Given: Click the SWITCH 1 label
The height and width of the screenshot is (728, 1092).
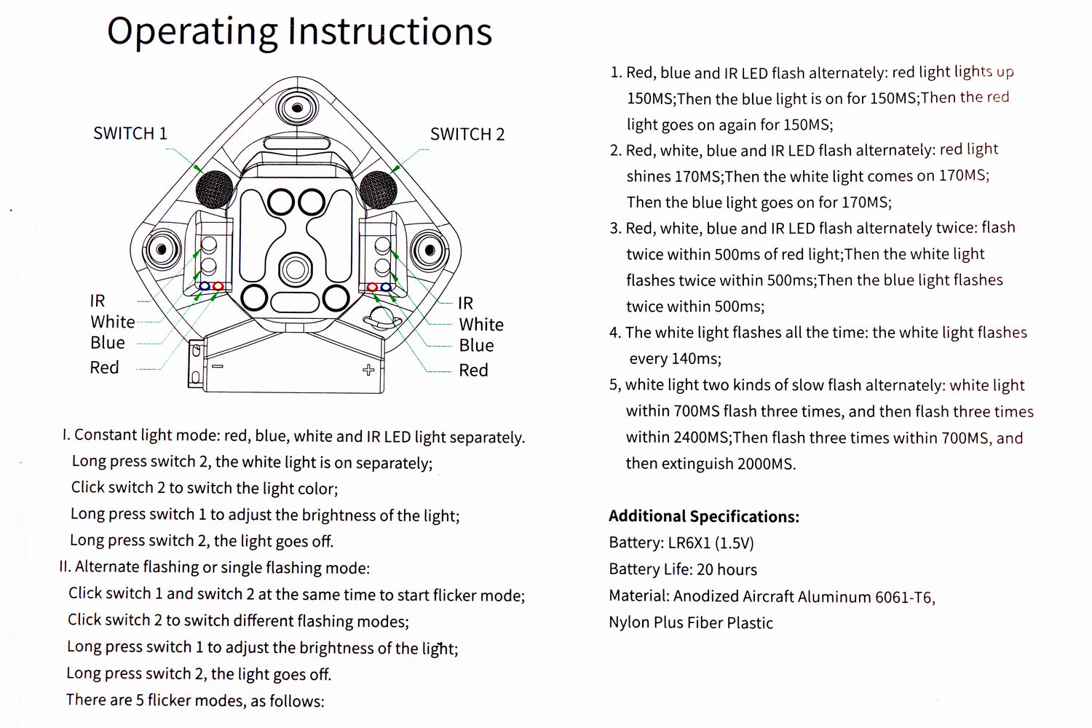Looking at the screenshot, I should click(130, 134).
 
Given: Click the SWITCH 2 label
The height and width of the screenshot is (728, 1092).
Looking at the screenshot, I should click(467, 135).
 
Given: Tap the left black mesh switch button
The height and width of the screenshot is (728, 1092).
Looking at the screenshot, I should click(214, 189).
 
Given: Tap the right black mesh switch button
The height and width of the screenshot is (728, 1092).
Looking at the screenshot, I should click(378, 189).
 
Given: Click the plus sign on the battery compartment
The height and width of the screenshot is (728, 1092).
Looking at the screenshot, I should click(368, 370).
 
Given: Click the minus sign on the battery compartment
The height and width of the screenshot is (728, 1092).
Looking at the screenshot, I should click(217, 366).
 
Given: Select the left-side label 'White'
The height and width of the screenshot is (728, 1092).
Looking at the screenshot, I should click(112, 322).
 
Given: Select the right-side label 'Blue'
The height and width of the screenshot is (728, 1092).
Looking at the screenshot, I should click(476, 346).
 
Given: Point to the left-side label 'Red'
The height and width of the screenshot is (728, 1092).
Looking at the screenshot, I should click(104, 368).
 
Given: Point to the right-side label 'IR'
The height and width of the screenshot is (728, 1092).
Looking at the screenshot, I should click(465, 304).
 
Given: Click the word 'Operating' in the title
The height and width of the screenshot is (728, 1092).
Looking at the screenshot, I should click(192, 32).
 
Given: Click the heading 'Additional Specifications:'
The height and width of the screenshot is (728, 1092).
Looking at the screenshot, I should click(703, 517).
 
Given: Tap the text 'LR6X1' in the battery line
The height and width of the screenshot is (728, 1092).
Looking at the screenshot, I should click(689, 543).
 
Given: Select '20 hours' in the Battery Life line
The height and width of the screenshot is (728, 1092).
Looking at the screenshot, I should click(727, 570).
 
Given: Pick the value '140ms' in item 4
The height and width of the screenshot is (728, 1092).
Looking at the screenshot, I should click(695, 359).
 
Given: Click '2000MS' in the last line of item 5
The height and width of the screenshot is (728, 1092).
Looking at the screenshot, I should click(765, 464).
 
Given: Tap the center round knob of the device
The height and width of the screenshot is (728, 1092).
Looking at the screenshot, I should click(295, 269).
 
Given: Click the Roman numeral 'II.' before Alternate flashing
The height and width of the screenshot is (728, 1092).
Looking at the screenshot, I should click(65, 567).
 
